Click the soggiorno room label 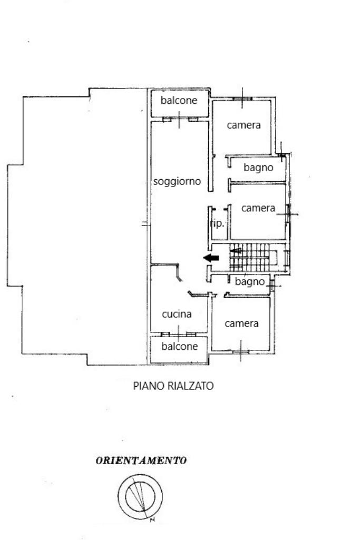pyautogui.click(x=177, y=181)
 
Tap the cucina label pyautogui.click(x=177, y=314)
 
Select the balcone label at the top pyautogui.click(x=179, y=100)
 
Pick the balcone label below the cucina pyautogui.click(x=180, y=346)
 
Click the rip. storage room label pyautogui.click(x=217, y=223)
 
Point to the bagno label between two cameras pyautogui.click(x=258, y=168)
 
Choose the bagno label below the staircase pyautogui.click(x=250, y=282)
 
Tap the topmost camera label pyautogui.click(x=244, y=125)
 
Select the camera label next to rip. pyautogui.click(x=258, y=208)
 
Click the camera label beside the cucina pyautogui.click(x=241, y=323)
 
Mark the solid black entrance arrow pyautogui.click(x=211, y=258)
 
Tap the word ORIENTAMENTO pyautogui.click(x=141, y=460)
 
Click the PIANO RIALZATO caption pyautogui.click(x=173, y=386)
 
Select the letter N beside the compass pyautogui.click(x=152, y=519)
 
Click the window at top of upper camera pyautogui.click(x=242, y=99)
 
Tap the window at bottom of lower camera pyautogui.click(x=241, y=352)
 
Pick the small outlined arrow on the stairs pyautogui.click(x=236, y=251)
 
